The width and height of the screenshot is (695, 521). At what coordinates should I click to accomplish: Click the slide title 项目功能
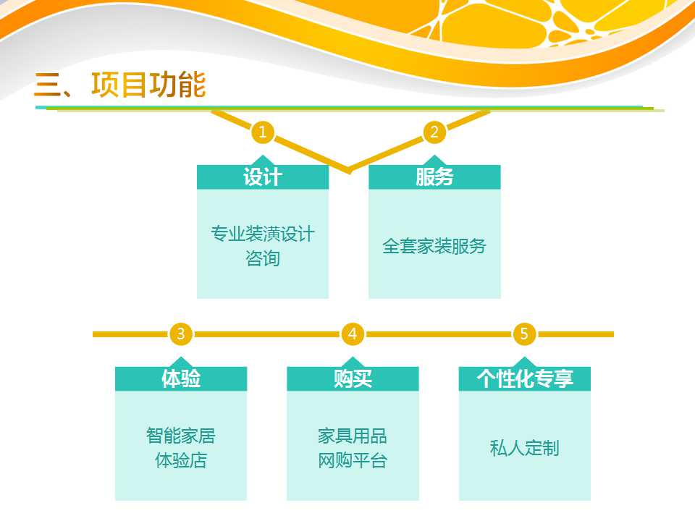(x=148, y=84)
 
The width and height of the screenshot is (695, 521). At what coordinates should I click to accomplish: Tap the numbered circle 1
(x=262, y=132)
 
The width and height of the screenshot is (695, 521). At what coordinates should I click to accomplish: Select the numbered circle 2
(x=434, y=132)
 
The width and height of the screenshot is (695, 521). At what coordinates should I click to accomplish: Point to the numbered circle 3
(x=181, y=334)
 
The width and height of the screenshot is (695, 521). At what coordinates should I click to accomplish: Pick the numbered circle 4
(x=353, y=334)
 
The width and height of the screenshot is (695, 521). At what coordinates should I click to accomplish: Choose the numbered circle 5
(x=524, y=334)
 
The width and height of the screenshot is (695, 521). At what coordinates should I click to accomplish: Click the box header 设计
(x=262, y=177)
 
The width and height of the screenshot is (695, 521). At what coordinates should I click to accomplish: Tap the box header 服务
(x=434, y=177)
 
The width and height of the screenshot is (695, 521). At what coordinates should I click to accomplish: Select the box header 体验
(x=181, y=378)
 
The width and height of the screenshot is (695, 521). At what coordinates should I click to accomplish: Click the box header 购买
(x=353, y=378)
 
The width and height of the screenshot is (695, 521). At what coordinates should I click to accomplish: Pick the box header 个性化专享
(x=525, y=378)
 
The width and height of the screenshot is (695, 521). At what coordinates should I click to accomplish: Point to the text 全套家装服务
(x=434, y=246)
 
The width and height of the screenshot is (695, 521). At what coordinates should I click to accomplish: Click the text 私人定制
(x=524, y=448)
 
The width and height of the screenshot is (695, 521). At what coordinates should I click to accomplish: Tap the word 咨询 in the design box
(x=262, y=258)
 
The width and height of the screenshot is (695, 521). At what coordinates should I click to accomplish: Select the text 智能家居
(x=181, y=436)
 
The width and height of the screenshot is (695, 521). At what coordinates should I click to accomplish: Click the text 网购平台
(x=353, y=461)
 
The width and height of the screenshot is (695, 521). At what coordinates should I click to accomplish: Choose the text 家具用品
(x=353, y=436)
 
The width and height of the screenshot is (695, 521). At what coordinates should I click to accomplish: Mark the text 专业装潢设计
(x=262, y=234)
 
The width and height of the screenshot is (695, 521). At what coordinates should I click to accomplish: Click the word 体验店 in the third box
(x=181, y=461)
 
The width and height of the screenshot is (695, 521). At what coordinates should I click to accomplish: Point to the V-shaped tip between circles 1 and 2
(x=349, y=171)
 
